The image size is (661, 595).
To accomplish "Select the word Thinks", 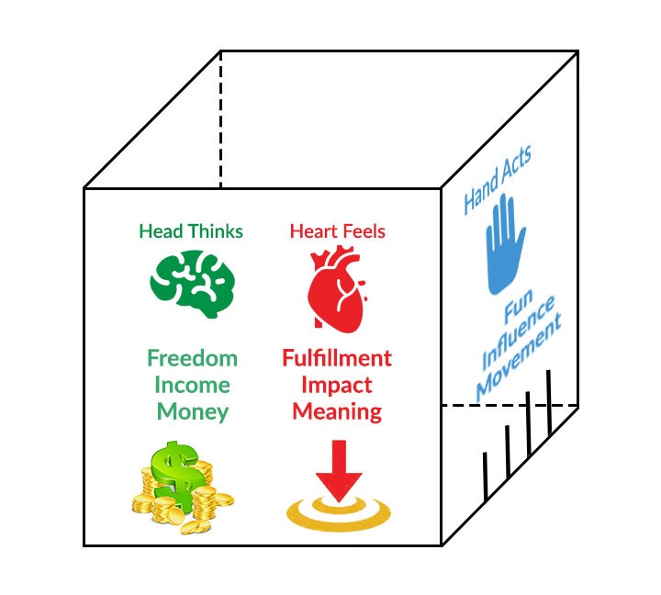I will click(215, 231).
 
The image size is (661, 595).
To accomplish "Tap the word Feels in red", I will click(363, 231).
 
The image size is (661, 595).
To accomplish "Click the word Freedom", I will click(192, 357).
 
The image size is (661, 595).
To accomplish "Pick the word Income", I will click(192, 384).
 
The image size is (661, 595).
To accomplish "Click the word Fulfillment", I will click(337, 357).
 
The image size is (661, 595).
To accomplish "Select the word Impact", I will click(337, 384).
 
